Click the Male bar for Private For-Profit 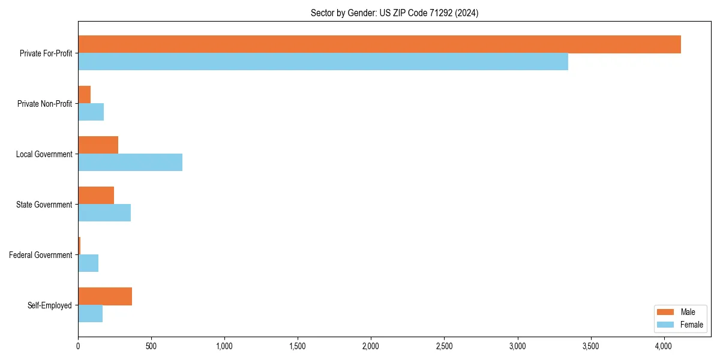379,44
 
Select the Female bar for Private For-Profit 323,62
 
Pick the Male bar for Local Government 98,145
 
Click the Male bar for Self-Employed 105,296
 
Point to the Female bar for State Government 104,213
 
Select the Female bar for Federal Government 88,263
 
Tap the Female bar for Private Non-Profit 91,112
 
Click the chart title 394,13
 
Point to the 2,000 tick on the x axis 371,346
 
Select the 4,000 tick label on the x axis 664,346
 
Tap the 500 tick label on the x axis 151,346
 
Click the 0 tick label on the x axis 78,346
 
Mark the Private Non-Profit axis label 44,104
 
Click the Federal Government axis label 41,255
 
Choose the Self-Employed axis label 50,305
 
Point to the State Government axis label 44,205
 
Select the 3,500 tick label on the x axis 590,346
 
